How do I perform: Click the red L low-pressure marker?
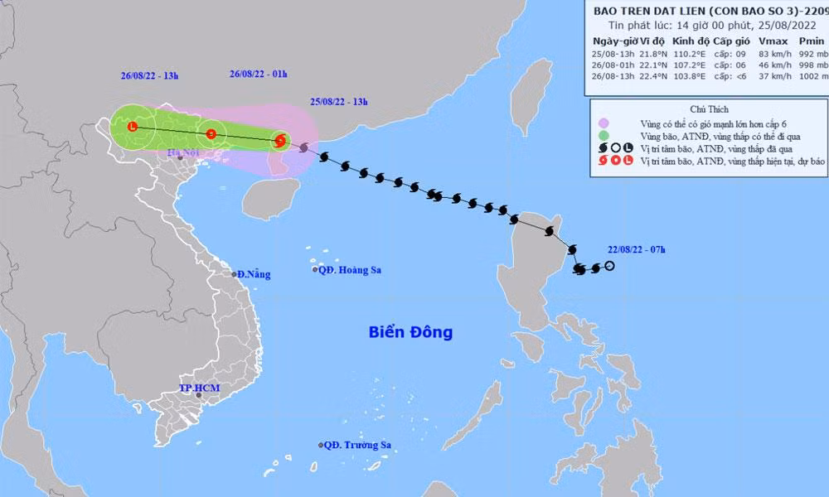point(133,126)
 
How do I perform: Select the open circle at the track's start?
point(609,266)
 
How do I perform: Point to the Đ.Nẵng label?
point(252,274)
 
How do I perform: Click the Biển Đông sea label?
point(412,333)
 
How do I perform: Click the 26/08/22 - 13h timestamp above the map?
point(147,75)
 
